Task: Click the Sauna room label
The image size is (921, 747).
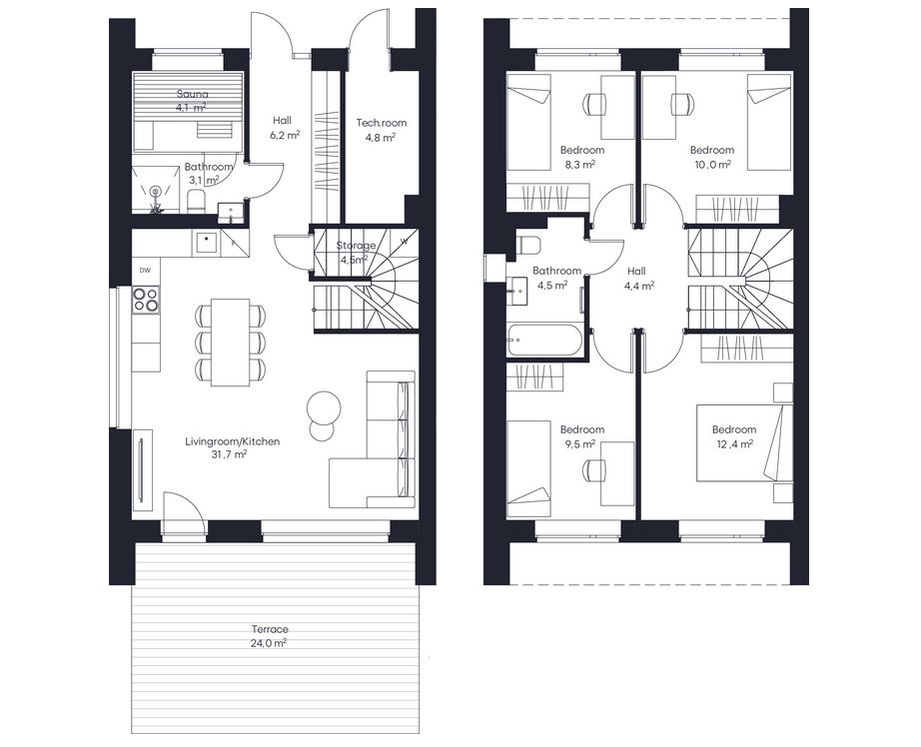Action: (193, 94)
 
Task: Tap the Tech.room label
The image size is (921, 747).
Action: (382, 123)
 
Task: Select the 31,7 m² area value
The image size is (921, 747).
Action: (228, 454)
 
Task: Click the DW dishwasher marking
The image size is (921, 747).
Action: (145, 271)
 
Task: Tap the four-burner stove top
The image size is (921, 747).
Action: (146, 299)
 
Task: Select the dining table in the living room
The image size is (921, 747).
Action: (230, 343)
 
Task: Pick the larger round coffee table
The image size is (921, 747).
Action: (324, 407)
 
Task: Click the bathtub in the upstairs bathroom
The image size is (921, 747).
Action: (544, 340)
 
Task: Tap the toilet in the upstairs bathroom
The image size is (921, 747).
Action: (529, 245)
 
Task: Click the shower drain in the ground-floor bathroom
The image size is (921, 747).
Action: (155, 191)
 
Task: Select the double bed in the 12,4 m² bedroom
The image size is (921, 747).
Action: (744, 442)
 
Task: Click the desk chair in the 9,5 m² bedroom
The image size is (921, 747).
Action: (594, 470)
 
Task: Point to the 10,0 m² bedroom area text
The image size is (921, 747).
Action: (713, 165)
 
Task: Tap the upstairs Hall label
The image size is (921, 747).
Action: (636, 271)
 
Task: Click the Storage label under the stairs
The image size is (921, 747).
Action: (356, 246)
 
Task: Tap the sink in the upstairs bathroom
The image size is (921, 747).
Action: (520, 290)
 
